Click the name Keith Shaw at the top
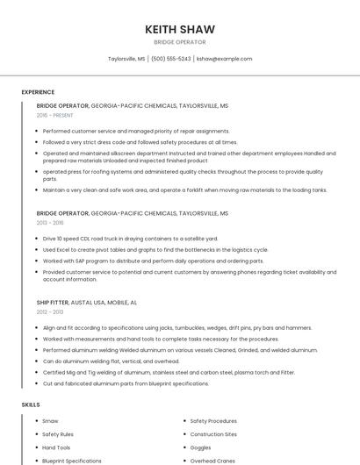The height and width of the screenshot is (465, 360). click(180, 29)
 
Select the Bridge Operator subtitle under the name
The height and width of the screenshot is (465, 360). click(180, 42)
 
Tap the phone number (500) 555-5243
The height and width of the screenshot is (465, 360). click(170, 59)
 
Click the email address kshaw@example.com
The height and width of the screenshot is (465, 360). click(224, 59)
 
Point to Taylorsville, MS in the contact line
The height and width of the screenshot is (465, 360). click(126, 59)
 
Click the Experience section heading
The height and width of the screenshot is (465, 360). click(38, 92)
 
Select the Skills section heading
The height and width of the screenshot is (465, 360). click(31, 404)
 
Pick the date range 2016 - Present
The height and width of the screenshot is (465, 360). click(55, 115)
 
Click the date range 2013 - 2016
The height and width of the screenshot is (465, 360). click(50, 223)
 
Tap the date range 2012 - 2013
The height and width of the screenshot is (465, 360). click(50, 311)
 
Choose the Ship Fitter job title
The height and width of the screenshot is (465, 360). click(52, 302)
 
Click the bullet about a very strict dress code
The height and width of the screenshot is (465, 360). click(140, 141)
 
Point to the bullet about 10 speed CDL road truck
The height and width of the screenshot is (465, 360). click(130, 239)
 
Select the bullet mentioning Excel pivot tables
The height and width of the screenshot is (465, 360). click(155, 249)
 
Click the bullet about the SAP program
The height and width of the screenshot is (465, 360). click(153, 261)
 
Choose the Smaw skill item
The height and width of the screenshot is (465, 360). click(50, 421)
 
